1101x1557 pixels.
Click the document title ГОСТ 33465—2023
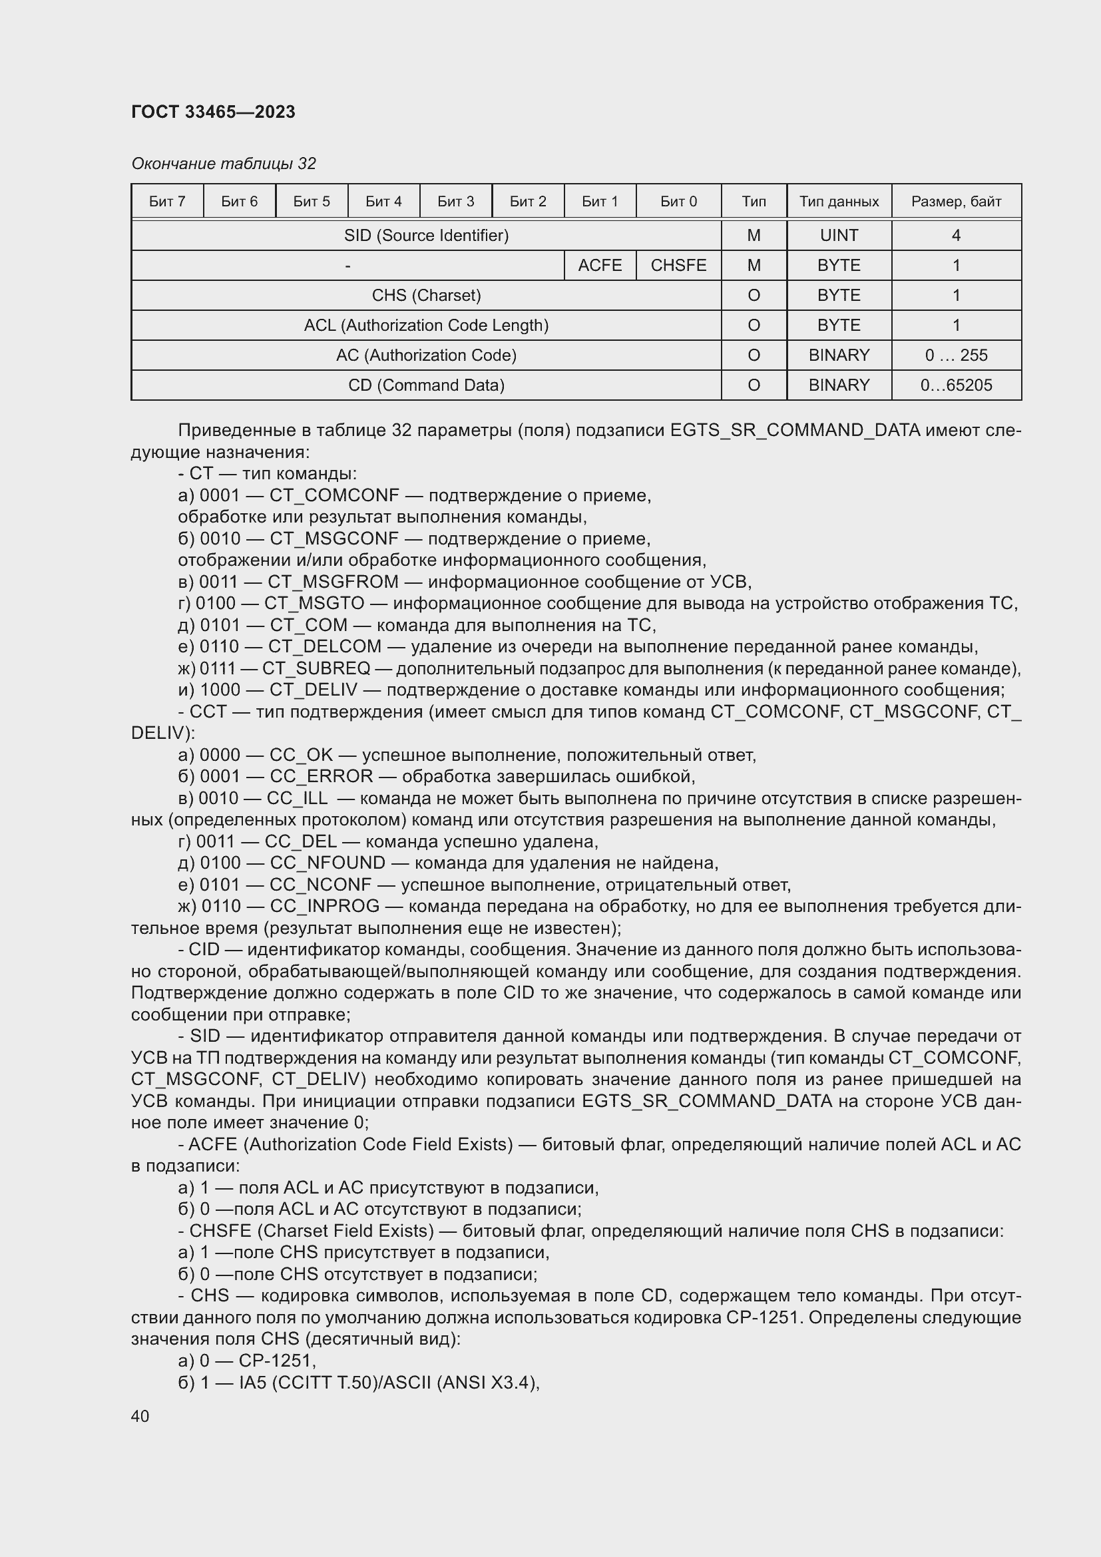[x=213, y=112]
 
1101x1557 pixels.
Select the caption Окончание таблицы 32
[x=223, y=164]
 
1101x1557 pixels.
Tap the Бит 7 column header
[x=167, y=202]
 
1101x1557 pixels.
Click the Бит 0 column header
[x=678, y=202]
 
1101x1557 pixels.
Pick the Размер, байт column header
[x=956, y=202]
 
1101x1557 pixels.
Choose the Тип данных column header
[x=839, y=202]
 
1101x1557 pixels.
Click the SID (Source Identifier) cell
[x=426, y=235]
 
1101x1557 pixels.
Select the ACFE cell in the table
[x=599, y=265]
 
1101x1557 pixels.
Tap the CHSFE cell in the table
[x=678, y=265]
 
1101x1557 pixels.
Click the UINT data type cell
[x=839, y=235]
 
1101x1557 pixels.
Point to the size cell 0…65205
[x=956, y=385]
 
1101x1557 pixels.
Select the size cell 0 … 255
[x=956, y=355]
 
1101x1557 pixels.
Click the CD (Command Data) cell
[x=426, y=385]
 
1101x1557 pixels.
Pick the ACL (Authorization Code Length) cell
[x=426, y=326]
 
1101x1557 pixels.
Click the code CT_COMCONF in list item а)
[x=334, y=496]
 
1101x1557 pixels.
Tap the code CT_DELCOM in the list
[x=325, y=647]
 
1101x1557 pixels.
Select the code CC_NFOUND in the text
[x=328, y=863]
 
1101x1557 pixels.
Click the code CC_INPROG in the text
[x=325, y=907]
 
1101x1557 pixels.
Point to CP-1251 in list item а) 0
[x=277, y=1361]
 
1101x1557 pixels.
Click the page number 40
[x=140, y=1416]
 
